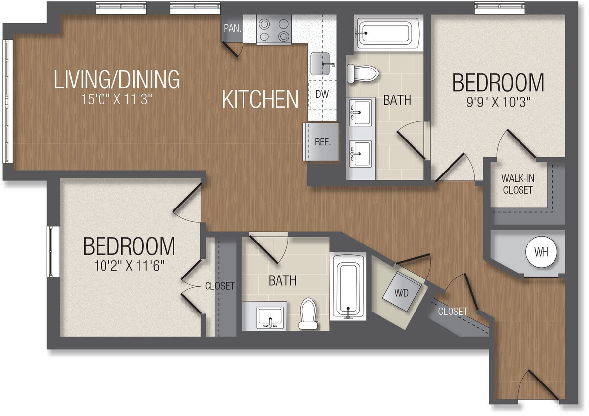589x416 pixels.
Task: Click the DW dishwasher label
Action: (x=322, y=94)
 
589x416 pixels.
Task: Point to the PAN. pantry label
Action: (x=232, y=28)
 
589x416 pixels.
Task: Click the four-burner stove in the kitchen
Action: (x=274, y=30)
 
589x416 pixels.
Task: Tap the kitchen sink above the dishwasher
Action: (x=321, y=64)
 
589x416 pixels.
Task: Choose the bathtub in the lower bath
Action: (x=348, y=286)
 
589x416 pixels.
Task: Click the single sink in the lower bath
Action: (x=270, y=316)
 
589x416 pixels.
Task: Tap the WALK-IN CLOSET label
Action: (x=518, y=183)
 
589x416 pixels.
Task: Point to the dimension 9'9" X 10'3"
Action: (x=498, y=104)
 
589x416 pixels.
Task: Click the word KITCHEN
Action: (x=260, y=100)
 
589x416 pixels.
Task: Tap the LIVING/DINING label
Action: (x=117, y=80)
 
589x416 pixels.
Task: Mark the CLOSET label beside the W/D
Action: (x=452, y=312)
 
